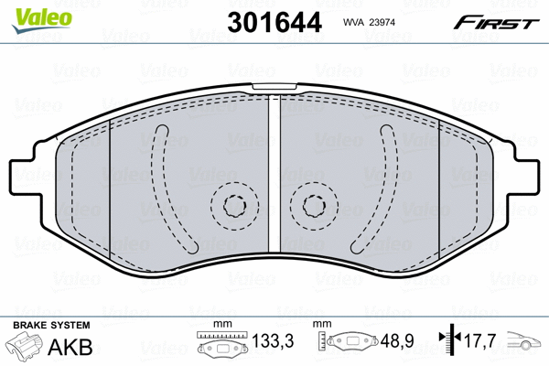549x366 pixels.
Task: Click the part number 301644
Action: (274, 22)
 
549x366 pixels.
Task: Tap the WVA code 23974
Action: (369, 22)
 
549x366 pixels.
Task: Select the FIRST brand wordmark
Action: (496, 23)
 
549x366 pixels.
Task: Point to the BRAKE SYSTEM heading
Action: (51, 325)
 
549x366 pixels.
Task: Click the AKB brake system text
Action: (70, 347)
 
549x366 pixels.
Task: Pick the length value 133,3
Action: (273, 340)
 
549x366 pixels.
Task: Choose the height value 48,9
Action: (397, 340)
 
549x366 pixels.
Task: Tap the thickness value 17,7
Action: (479, 340)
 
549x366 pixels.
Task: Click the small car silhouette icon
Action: (523, 340)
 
